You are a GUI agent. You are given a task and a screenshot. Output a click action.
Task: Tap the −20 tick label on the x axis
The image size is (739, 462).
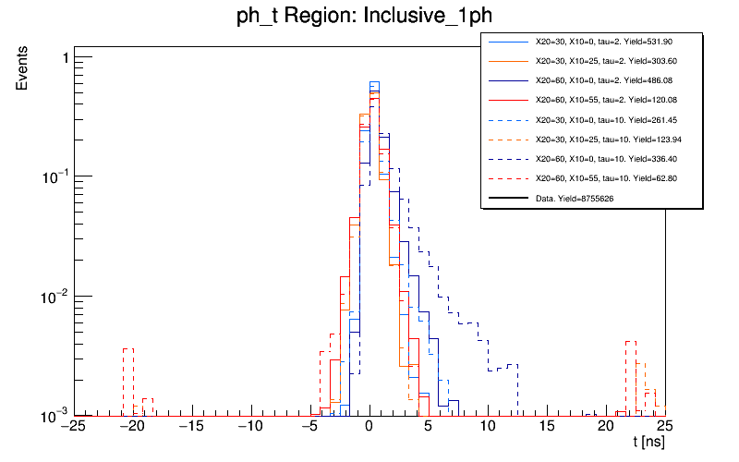point(131,427)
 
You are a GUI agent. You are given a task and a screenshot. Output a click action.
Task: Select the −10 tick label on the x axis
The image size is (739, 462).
point(249,427)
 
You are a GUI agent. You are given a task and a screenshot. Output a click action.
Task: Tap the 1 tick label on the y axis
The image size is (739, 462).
point(64,58)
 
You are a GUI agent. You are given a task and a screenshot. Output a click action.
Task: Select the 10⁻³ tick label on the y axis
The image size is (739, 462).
point(54,415)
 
